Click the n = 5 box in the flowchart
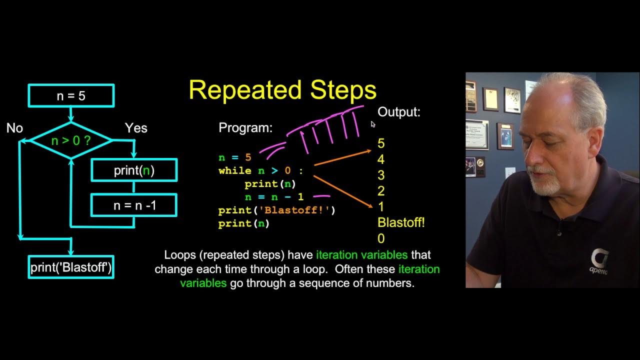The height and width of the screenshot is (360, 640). (x=71, y=95)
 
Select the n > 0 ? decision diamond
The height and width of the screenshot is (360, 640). (x=71, y=141)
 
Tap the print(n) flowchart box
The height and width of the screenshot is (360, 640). (x=134, y=170)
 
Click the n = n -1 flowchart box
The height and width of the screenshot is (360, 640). (x=134, y=205)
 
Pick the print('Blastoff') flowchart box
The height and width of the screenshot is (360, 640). (x=71, y=267)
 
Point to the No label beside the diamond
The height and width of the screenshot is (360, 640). (x=14, y=128)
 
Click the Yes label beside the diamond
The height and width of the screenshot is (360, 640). (x=136, y=128)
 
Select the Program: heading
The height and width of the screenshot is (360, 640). (x=245, y=128)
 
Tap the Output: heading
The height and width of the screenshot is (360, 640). (x=399, y=112)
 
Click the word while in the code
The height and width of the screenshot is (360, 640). (x=235, y=171)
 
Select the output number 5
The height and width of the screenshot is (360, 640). (x=381, y=144)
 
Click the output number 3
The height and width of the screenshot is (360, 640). (x=381, y=175)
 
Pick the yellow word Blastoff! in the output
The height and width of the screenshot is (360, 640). (x=401, y=222)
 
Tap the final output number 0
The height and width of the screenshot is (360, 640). (x=381, y=238)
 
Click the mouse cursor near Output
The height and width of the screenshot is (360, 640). (x=373, y=124)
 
